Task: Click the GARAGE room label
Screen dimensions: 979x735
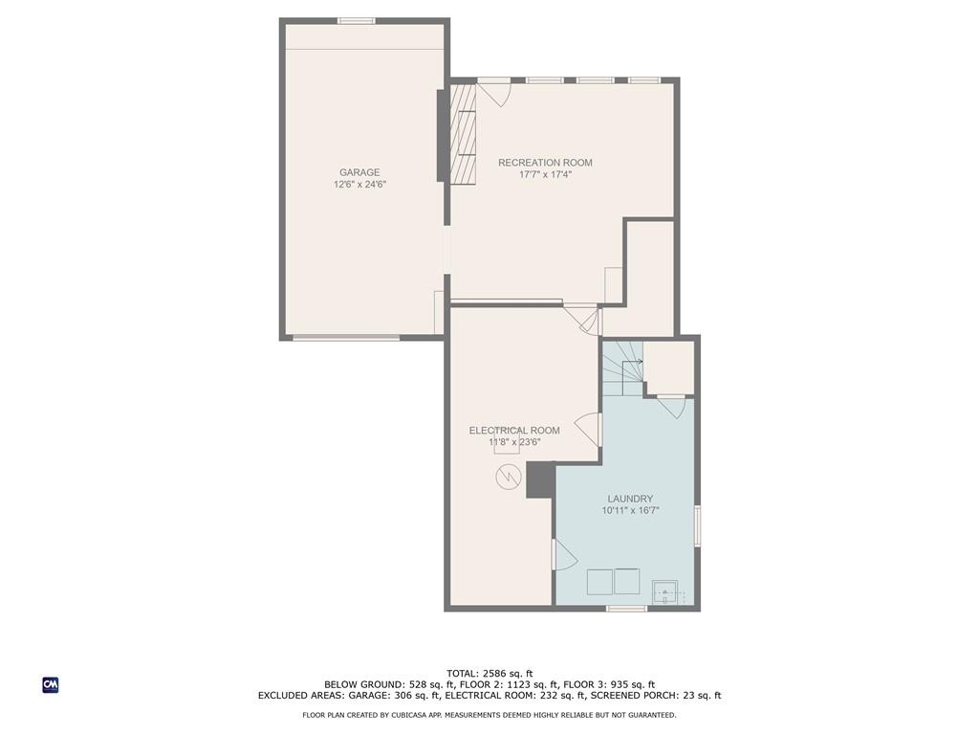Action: click(x=359, y=172)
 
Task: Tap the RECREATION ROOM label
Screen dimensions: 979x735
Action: click(x=545, y=163)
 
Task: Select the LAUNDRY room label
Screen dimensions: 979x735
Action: click(x=630, y=499)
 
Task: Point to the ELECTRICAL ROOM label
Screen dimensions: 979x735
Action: click(x=513, y=431)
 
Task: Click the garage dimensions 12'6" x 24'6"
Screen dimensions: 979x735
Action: click(x=359, y=185)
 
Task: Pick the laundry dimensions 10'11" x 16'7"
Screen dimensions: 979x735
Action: click(x=630, y=511)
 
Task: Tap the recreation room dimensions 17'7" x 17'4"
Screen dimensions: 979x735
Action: click(x=545, y=174)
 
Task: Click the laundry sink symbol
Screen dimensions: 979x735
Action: click(x=665, y=591)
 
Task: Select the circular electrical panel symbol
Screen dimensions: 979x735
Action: click(x=509, y=478)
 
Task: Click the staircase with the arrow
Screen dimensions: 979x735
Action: click(x=622, y=368)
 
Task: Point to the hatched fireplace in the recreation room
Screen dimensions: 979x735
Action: click(x=463, y=134)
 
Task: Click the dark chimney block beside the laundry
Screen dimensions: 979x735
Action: click(x=541, y=480)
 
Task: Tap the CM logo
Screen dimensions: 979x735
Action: click(x=51, y=685)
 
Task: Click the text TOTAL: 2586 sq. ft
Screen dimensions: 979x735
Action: click(x=489, y=674)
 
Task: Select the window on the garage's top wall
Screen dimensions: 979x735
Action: click(x=357, y=21)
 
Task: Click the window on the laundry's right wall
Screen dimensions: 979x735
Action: click(x=697, y=525)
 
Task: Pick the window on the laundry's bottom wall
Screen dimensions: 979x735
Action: click(x=627, y=608)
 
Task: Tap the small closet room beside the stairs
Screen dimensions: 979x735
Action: click(x=668, y=367)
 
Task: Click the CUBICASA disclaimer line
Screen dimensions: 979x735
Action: click(x=489, y=715)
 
